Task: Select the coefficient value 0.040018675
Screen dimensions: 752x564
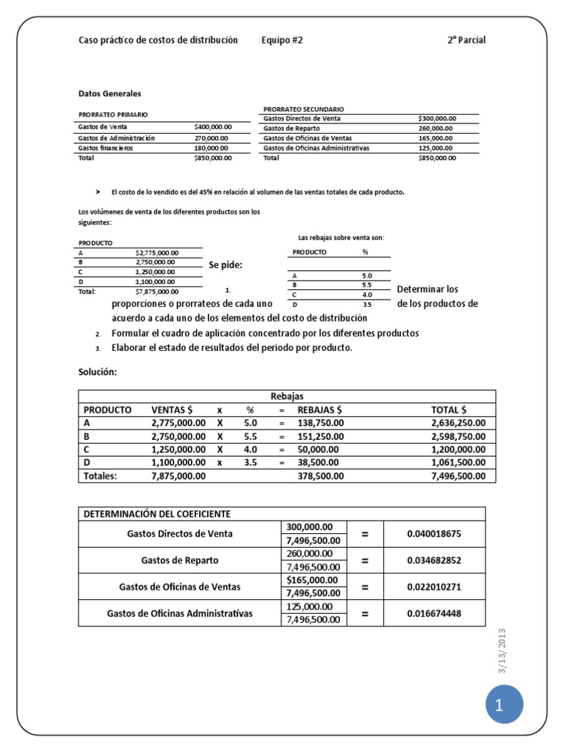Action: pos(434,534)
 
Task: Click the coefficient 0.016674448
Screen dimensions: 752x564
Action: pos(434,613)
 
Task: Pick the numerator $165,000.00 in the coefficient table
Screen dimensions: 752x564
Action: pos(313,580)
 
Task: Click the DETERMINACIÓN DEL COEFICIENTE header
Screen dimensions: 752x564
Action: pos(156,513)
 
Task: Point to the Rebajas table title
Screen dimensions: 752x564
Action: pos(287,396)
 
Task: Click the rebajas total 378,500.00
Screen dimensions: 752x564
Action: pos(321,476)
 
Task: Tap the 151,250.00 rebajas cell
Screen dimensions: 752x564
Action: pos(321,436)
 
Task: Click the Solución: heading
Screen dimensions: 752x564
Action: pos(98,372)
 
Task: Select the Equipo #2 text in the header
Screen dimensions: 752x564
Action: pos(282,40)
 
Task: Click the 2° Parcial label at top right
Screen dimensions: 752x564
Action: pos(466,40)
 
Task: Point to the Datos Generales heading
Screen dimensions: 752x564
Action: pos(110,94)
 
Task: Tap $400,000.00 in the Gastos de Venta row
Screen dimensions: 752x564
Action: pos(213,127)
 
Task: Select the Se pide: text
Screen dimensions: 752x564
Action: pos(225,265)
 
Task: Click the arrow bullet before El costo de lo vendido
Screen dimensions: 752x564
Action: pos(98,192)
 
